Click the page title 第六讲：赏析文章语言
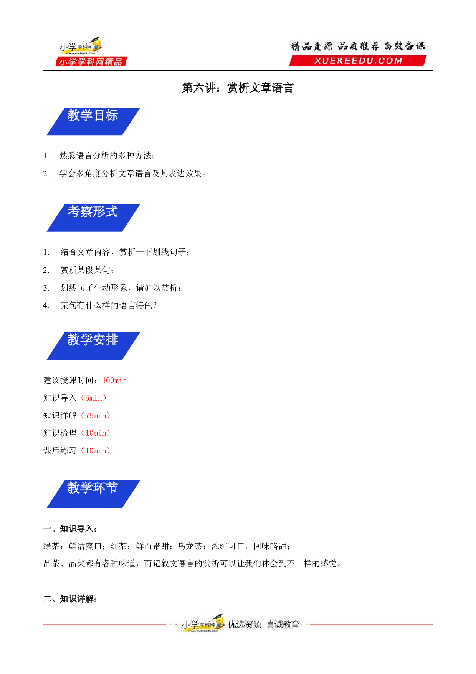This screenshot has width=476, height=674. point(238,88)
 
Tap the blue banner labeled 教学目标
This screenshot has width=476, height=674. point(93,121)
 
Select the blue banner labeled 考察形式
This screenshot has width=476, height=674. point(93,217)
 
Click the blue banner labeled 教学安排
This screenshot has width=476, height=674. point(93,346)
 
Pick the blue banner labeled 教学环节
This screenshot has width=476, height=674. point(93,494)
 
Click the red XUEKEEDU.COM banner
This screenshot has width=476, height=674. point(358,61)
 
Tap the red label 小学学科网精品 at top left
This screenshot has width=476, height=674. point(91,62)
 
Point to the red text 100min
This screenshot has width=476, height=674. point(114,380)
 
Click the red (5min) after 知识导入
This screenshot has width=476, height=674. point(94,398)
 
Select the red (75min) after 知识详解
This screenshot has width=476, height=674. point(96,416)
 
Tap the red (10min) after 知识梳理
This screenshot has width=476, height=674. point(96,433)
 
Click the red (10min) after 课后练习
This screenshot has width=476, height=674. point(96,451)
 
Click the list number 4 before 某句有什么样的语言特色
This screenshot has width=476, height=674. point(46,305)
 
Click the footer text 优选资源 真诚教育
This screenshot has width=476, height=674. point(264,624)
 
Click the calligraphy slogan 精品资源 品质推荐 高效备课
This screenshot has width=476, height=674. point(358,46)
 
